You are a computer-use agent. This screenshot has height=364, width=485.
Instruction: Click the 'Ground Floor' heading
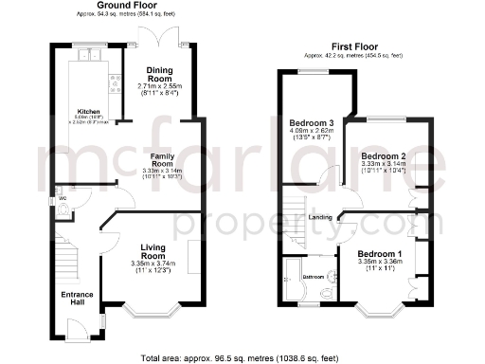point(119,6)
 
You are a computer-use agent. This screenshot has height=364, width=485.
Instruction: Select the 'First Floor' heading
point(352,45)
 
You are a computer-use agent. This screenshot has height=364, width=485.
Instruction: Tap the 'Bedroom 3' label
point(313,123)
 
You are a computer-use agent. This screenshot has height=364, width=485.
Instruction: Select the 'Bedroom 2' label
point(384,155)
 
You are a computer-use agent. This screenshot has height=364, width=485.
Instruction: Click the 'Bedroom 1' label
point(379,254)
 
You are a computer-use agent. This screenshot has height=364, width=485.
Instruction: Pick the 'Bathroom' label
point(313,277)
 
